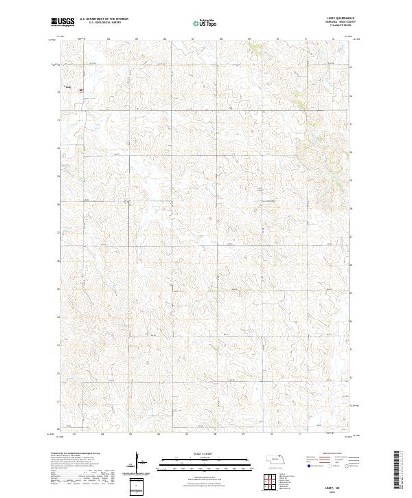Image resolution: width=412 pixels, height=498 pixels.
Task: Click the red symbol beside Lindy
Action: click(80, 90)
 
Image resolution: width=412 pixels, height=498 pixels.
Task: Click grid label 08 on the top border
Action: click(221, 39)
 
